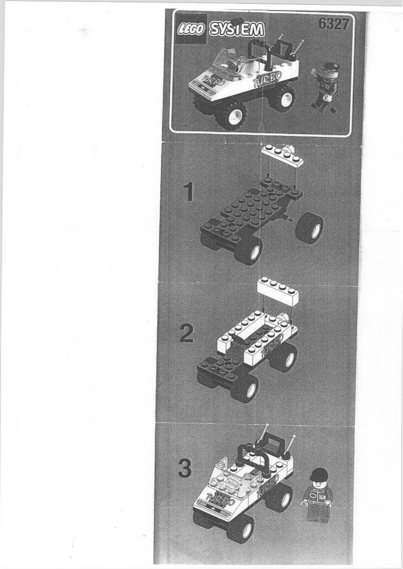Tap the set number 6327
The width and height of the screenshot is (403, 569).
pyautogui.click(x=333, y=24)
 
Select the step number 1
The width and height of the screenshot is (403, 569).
pyautogui.click(x=188, y=191)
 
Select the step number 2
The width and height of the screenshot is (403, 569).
pyautogui.click(x=186, y=333)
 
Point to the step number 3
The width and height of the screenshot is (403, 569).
pyautogui.click(x=185, y=470)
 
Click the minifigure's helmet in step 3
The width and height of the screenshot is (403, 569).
pyautogui.click(x=319, y=474)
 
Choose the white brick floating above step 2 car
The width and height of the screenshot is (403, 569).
pyautogui.click(x=278, y=292)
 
